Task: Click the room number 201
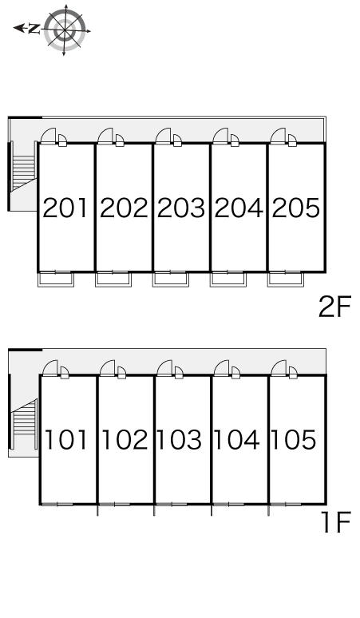[65, 208]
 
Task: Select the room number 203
[181, 208]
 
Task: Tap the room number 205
[296, 208]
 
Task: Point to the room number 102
[125, 439]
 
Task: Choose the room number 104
[237, 439]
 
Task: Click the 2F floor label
[334, 307]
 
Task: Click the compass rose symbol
[65, 30]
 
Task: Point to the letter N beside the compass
[34, 29]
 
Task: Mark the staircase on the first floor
[25, 424]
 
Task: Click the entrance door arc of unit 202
[105, 135]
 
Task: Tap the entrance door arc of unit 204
[220, 135]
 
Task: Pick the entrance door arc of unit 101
[50, 367]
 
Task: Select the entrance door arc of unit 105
[279, 367]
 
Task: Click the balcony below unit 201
[56, 279]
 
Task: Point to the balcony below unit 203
[171, 279]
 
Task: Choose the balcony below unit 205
[286, 279]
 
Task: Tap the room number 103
[180, 439]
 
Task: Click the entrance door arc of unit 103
[164, 367]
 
